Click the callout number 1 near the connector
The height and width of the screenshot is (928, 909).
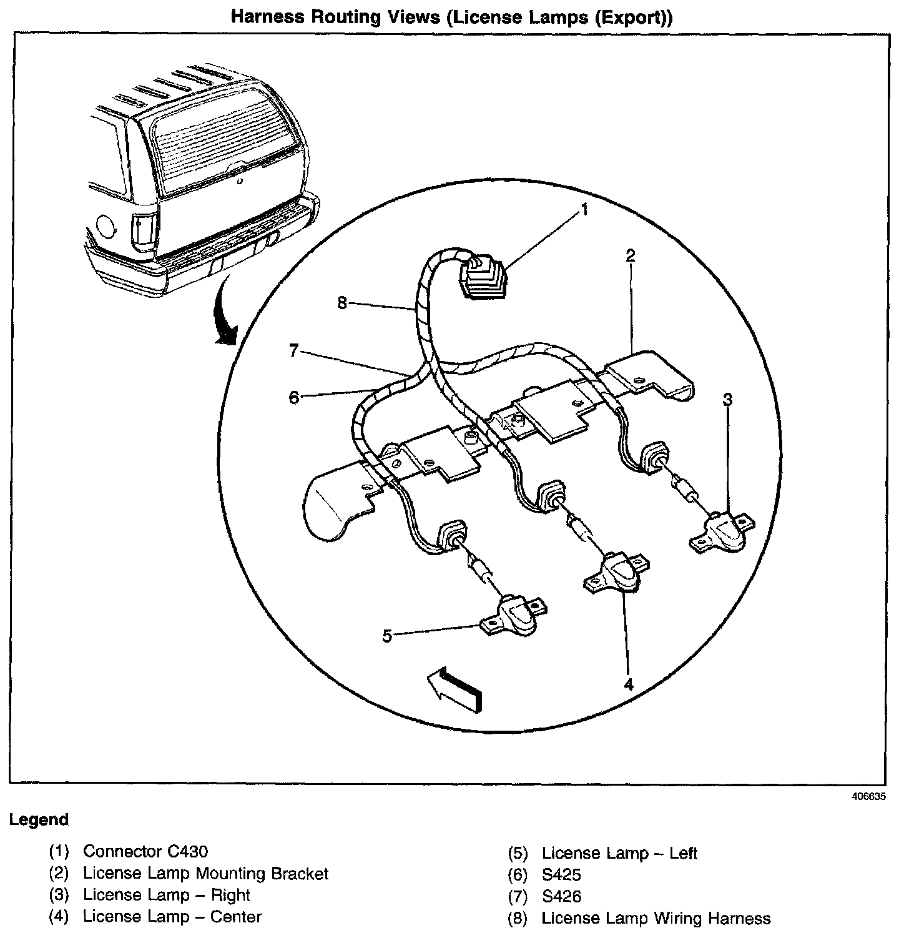[584, 210]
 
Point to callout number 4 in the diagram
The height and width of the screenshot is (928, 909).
[629, 684]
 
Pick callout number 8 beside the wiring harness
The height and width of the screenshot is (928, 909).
[341, 303]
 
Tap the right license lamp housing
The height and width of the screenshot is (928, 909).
[722, 530]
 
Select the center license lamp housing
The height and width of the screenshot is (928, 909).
[617, 571]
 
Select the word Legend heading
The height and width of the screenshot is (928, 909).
[38, 819]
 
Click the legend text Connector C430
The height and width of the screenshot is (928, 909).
[145, 851]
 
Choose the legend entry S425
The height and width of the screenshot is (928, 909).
[561, 875]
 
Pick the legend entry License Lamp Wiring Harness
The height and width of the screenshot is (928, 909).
[656, 918]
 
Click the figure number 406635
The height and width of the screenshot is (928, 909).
[868, 797]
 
